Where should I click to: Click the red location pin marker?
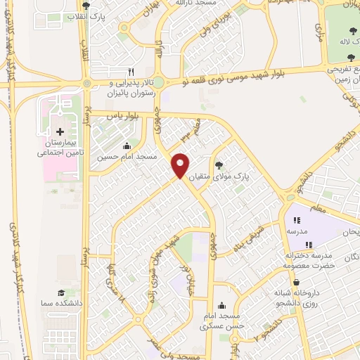(x=181, y=165)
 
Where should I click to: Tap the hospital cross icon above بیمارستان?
(x=60, y=131)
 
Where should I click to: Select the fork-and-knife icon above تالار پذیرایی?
(x=130, y=72)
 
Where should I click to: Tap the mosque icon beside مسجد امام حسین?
(x=127, y=146)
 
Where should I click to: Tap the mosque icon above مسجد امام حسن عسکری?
(x=222, y=306)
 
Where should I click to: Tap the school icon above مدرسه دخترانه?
(x=309, y=245)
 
